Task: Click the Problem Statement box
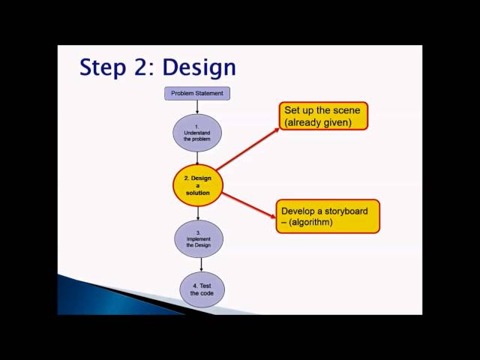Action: [197, 93]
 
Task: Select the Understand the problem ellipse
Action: [197, 133]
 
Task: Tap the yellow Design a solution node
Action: [198, 185]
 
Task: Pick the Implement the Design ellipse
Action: [199, 238]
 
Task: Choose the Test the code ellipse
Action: [202, 289]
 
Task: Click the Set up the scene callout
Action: [323, 116]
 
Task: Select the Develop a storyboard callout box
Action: [328, 217]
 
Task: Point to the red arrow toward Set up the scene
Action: [247, 149]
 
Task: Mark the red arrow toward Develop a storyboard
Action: [249, 205]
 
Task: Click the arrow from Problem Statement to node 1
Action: [197, 107]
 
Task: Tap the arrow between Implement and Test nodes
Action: [201, 265]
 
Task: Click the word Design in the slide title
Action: [199, 67]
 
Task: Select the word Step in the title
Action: [103, 67]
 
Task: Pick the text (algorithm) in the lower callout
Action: [310, 222]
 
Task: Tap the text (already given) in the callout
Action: [318, 123]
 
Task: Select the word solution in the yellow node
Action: [198, 193]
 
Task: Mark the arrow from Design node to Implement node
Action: [198, 213]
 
